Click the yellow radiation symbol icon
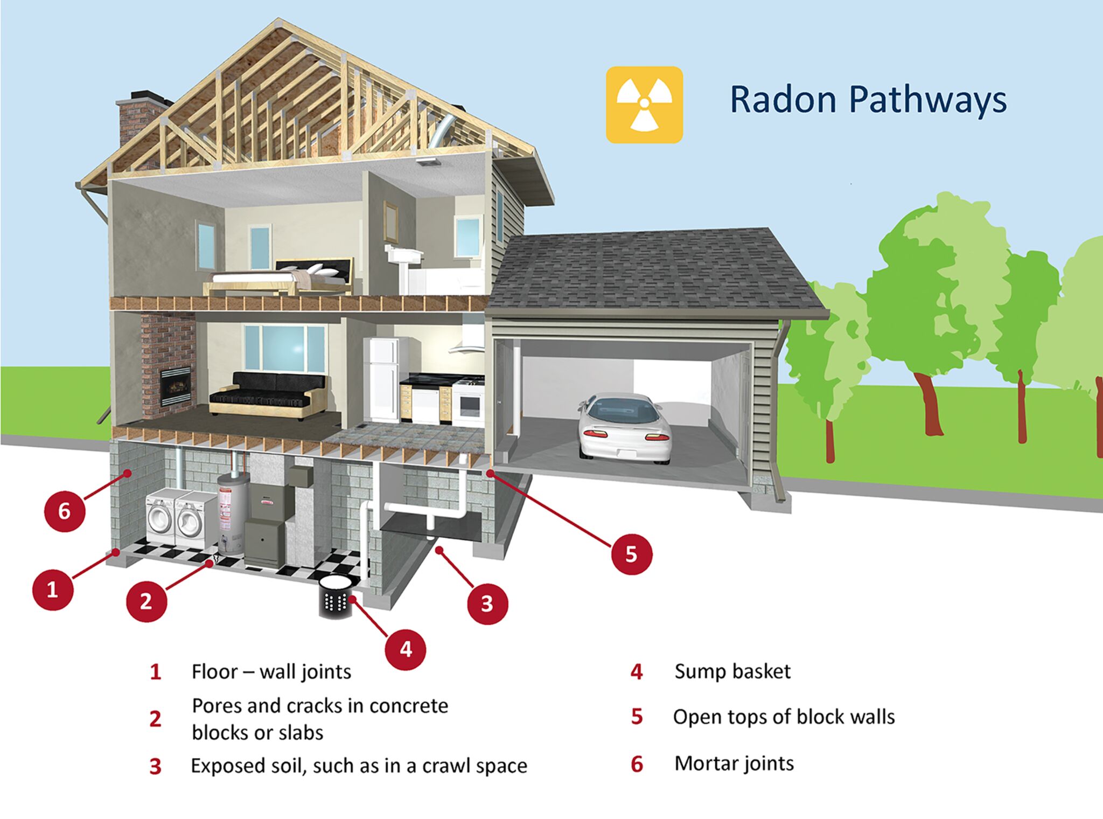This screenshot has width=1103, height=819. [644, 105]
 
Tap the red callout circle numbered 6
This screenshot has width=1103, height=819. [64, 510]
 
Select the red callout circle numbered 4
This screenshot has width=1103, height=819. [406, 649]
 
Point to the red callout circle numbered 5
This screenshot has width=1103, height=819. [631, 553]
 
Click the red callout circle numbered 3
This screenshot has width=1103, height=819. [487, 603]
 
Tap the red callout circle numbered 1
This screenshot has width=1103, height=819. [52, 589]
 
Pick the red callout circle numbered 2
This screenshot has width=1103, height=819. [146, 601]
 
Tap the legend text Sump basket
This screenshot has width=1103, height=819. [732, 671]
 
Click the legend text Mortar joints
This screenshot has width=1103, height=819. [734, 764]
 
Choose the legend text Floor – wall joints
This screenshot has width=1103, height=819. [271, 672]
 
